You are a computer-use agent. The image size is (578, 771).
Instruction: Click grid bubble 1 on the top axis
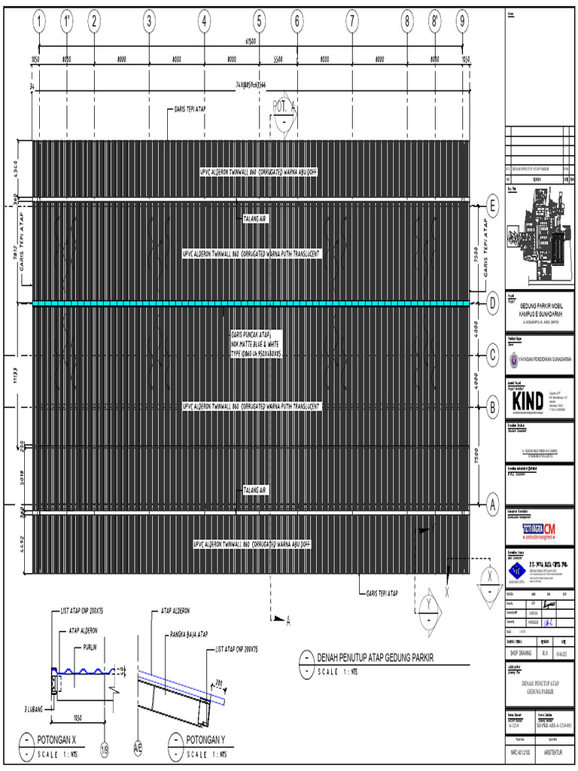click(38, 23)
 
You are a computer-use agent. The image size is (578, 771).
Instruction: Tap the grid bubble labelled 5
click(260, 23)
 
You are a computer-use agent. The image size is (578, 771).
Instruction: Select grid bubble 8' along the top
click(435, 23)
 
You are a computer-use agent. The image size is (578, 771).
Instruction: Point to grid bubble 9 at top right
click(461, 23)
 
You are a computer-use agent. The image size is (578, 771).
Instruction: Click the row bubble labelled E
click(493, 205)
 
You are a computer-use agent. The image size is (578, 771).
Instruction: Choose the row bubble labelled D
click(493, 303)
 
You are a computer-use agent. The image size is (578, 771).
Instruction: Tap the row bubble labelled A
click(493, 502)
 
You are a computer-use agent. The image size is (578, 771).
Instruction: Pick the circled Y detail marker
click(428, 606)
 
